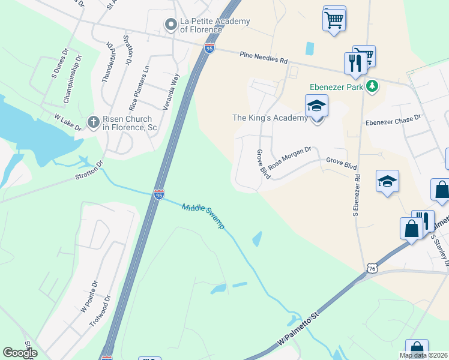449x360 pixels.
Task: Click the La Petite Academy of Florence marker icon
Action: point(171,25)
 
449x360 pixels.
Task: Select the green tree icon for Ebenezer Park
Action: point(372,86)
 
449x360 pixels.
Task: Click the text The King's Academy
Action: point(270,118)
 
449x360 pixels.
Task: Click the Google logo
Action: point(19,353)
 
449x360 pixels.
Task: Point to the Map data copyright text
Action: point(424,355)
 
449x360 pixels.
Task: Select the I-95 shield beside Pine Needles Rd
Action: point(209,48)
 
